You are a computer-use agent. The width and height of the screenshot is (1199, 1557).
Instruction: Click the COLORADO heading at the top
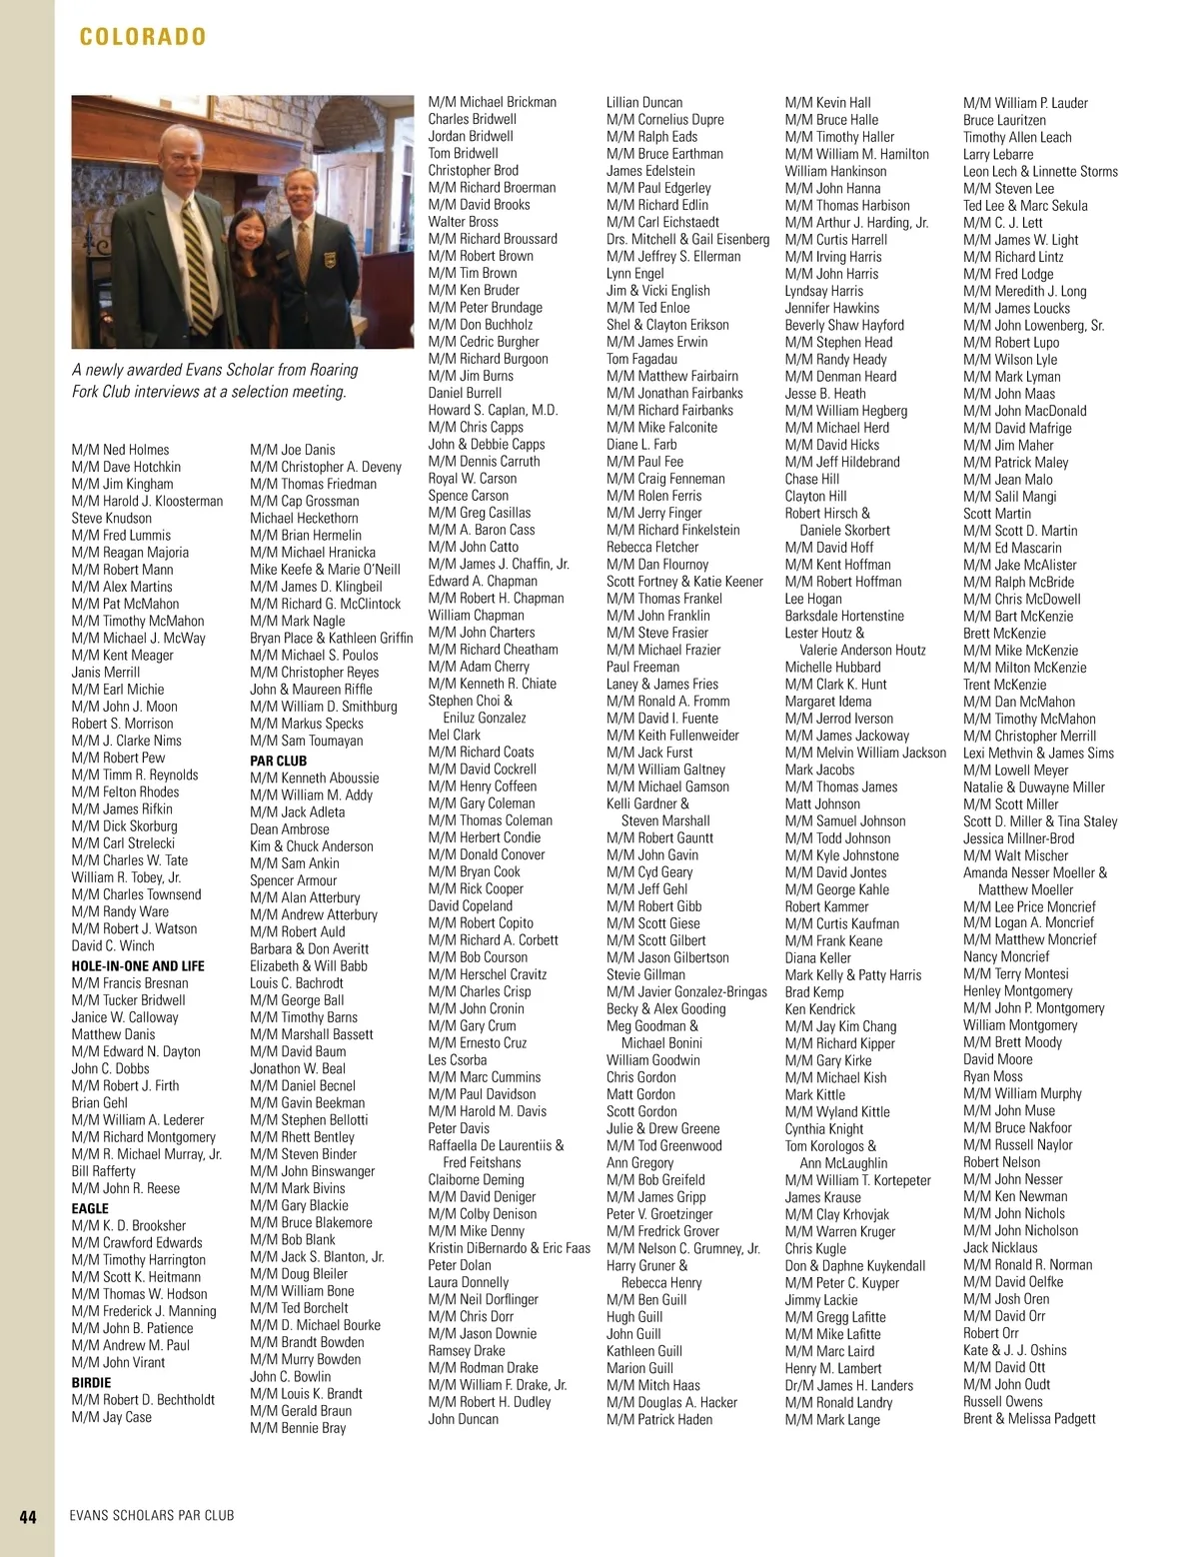(143, 37)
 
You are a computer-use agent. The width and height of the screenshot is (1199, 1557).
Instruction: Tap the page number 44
(28, 1515)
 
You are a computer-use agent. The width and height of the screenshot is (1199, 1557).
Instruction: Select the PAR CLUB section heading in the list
(278, 761)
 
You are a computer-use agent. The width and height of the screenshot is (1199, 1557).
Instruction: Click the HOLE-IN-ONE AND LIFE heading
(138, 966)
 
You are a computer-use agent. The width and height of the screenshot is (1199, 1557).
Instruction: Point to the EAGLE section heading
(90, 1208)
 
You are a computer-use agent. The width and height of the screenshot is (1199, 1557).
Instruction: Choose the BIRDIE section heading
(91, 1383)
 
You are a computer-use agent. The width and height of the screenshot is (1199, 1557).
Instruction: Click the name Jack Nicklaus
(1000, 1247)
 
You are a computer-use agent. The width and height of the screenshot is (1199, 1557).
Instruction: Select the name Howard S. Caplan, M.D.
(493, 410)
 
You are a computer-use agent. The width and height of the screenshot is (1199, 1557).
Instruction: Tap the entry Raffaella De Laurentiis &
(496, 1145)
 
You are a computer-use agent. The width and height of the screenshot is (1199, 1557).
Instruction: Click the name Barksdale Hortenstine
(844, 616)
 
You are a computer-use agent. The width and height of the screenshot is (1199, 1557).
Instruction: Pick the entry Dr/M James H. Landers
(848, 1385)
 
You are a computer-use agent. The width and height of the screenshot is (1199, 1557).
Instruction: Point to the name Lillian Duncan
(644, 102)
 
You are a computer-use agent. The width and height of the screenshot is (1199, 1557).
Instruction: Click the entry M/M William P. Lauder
(1025, 103)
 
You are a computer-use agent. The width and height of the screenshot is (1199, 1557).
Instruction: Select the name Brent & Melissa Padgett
(1029, 1418)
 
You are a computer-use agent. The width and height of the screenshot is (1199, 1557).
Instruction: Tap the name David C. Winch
(113, 945)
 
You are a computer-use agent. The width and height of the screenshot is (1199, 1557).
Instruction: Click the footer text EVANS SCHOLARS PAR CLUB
(152, 1515)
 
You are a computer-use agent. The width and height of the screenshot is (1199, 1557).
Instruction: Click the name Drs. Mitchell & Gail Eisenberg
(687, 239)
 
